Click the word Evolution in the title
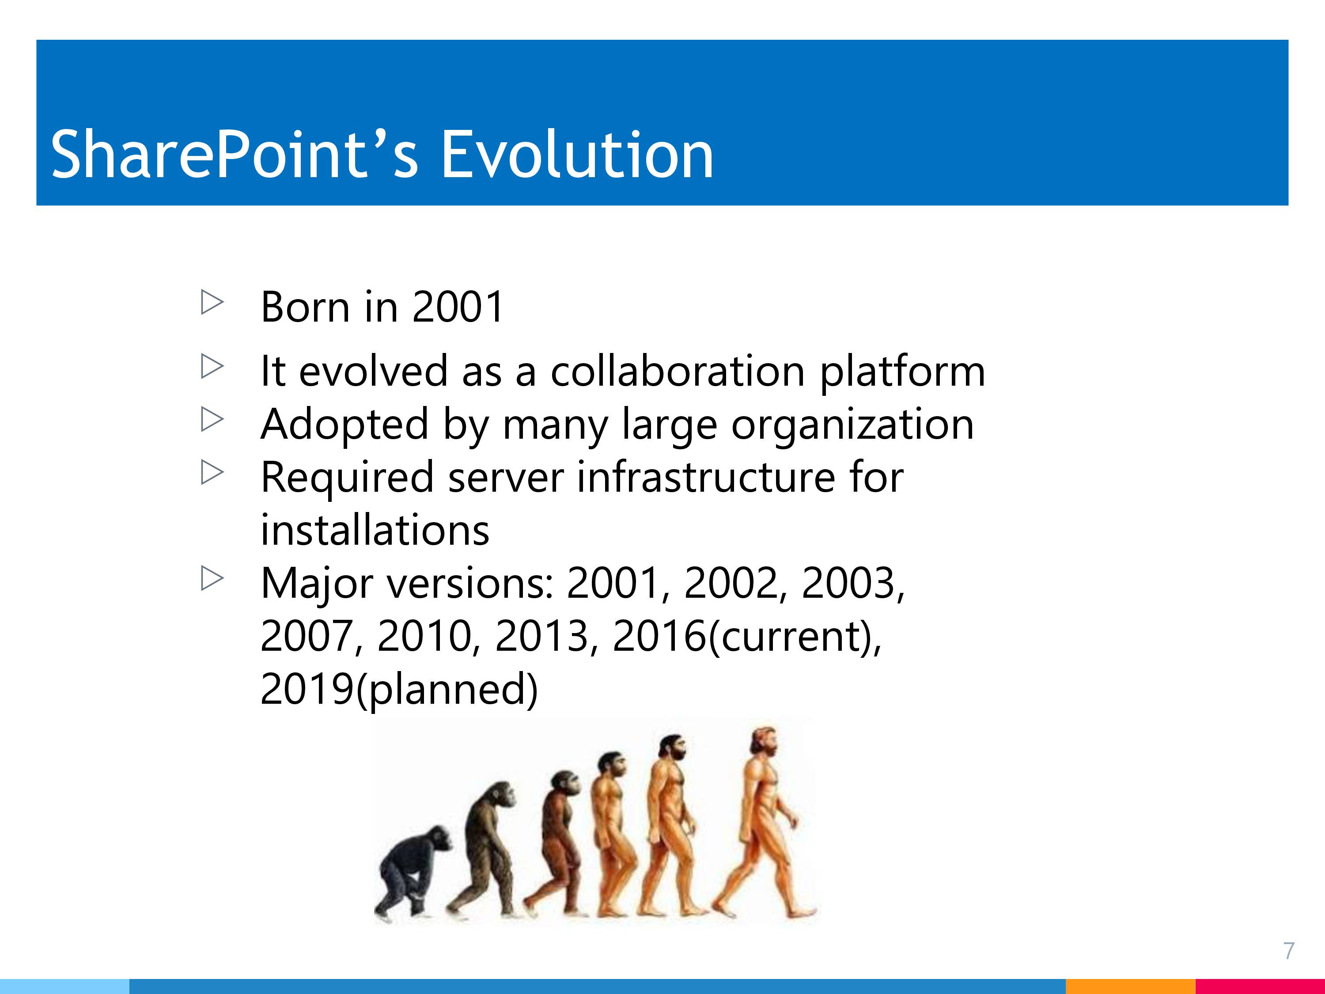pos(577,155)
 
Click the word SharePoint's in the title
pos(234,155)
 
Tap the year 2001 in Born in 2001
pos(458,307)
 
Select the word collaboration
pos(678,371)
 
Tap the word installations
pos(375,530)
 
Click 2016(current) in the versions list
pos(747,637)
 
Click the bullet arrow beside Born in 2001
pos(212,303)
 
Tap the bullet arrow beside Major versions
pos(212,578)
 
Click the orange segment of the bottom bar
pos(1130,986)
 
